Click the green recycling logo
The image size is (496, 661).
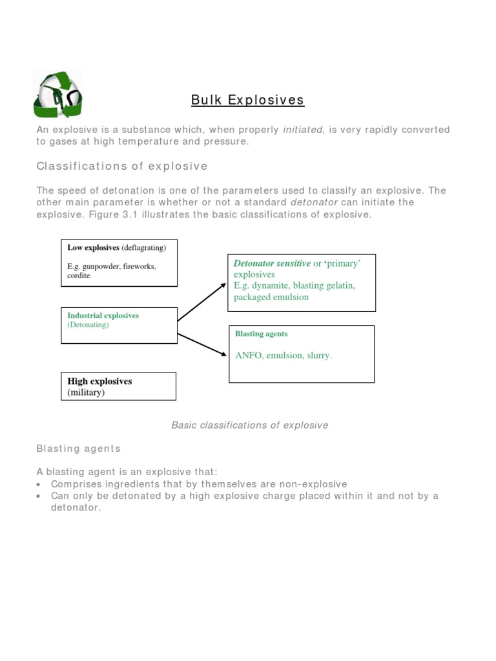tap(57, 96)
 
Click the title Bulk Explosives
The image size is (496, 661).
tap(247, 100)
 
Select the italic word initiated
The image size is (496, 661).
tap(304, 130)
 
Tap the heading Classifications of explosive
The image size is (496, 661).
tap(122, 167)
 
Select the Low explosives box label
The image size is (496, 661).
tap(94, 248)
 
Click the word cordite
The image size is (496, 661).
tap(79, 276)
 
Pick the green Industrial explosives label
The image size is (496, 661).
tap(103, 316)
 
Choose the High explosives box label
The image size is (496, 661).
tap(99, 381)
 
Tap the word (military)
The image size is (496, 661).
tap(86, 392)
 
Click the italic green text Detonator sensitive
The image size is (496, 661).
tap(272, 263)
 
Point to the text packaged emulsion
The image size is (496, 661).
tap(271, 297)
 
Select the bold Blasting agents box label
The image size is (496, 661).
tap(261, 334)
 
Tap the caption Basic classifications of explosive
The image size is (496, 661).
tap(249, 425)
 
